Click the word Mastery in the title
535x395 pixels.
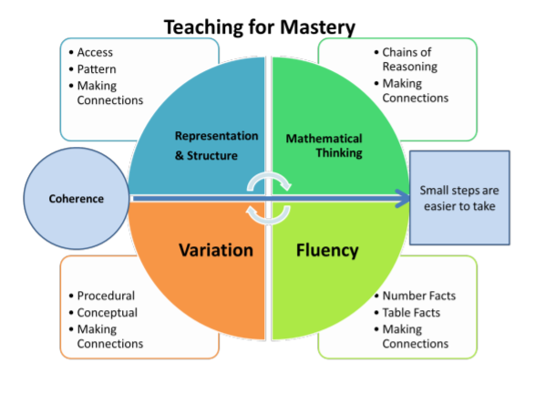click(317, 27)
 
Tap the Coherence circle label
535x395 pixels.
click(76, 199)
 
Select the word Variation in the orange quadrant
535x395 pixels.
click(216, 250)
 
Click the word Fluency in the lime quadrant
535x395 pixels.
click(327, 251)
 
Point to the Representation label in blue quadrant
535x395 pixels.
click(216, 136)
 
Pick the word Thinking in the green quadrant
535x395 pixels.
click(339, 153)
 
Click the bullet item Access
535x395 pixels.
click(95, 52)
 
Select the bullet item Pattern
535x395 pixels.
click(97, 69)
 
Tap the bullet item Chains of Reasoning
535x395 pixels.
click(410, 59)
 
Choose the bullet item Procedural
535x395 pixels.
click(106, 296)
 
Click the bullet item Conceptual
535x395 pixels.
click(108, 313)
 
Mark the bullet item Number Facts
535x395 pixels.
click(419, 296)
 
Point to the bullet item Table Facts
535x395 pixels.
click(411, 312)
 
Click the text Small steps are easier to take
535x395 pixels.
click(459, 198)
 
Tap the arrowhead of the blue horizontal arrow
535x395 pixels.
click(403, 198)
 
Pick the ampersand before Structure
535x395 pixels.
click(180, 156)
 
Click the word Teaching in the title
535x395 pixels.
click(203, 27)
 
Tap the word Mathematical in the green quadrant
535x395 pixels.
click(324, 139)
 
